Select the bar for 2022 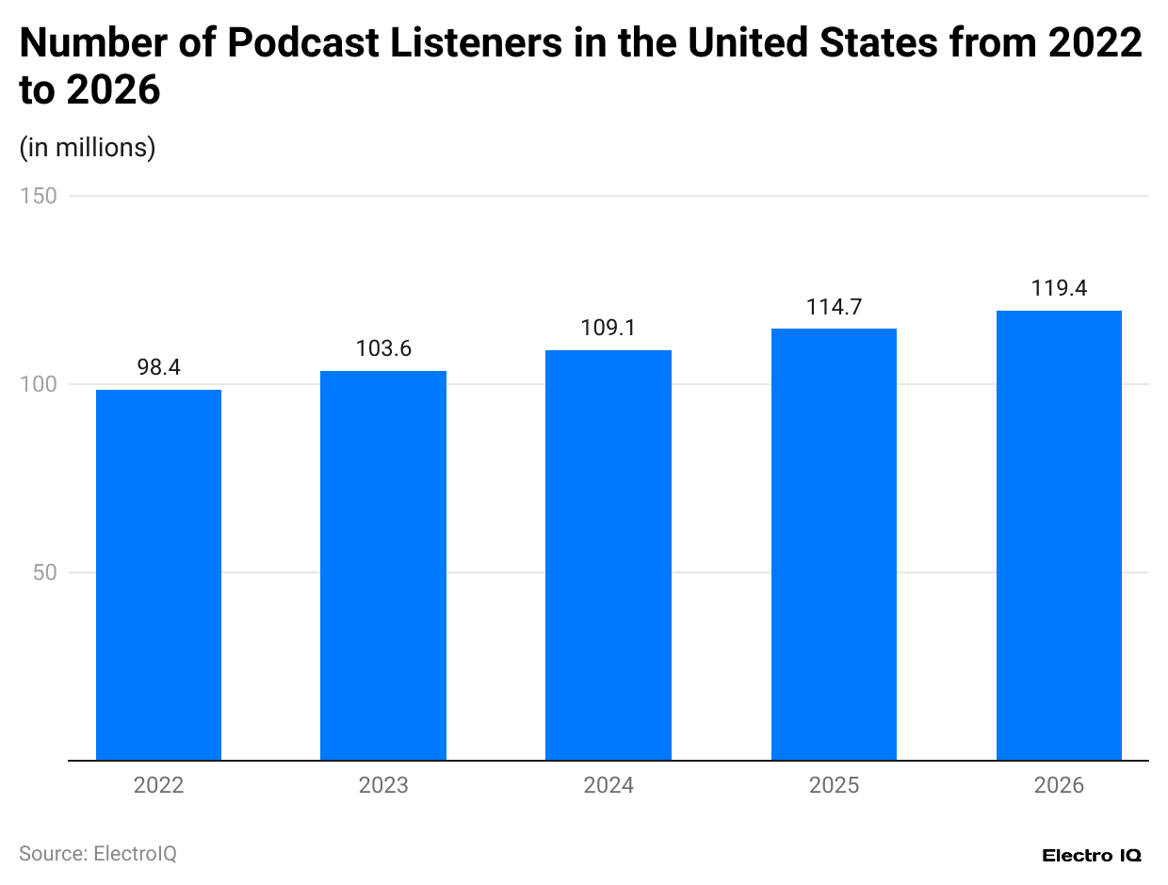coord(158,574)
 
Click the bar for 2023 coord(383,565)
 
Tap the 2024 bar coord(608,555)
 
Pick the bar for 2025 coord(834,544)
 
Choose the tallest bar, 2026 coord(1059,535)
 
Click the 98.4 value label coord(158,368)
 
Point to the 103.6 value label coord(383,348)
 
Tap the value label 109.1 coord(608,329)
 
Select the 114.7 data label coord(834,307)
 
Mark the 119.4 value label coord(1059,288)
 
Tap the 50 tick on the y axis coord(43,572)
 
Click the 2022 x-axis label coord(158,785)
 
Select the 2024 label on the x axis coord(608,785)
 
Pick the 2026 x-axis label coord(1059,785)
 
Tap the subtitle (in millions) coord(87,148)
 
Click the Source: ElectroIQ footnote coord(98,854)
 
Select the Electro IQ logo coord(1092,856)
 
